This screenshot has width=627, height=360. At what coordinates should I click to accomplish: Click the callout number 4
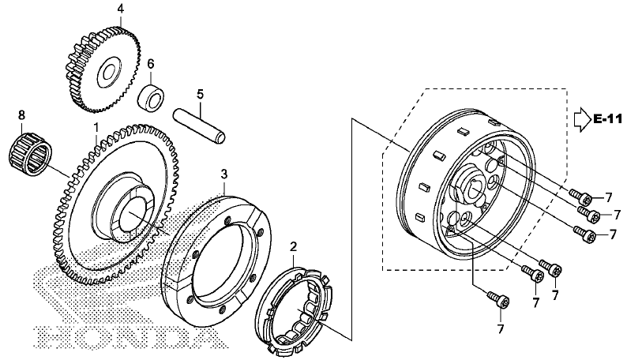(120, 9)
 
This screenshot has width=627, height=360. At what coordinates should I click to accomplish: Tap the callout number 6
(150, 64)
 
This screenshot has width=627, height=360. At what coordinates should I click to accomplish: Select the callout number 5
(201, 95)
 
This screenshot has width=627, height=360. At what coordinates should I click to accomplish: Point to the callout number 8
(21, 115)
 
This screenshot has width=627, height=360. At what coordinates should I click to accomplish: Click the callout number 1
(96, 128)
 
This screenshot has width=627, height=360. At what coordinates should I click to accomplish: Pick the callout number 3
(224, 174)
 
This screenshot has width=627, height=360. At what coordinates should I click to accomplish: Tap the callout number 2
(294, 246)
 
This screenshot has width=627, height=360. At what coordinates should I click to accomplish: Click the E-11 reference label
(608, 119)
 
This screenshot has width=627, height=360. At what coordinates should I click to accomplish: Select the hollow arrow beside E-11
(583, 119)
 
